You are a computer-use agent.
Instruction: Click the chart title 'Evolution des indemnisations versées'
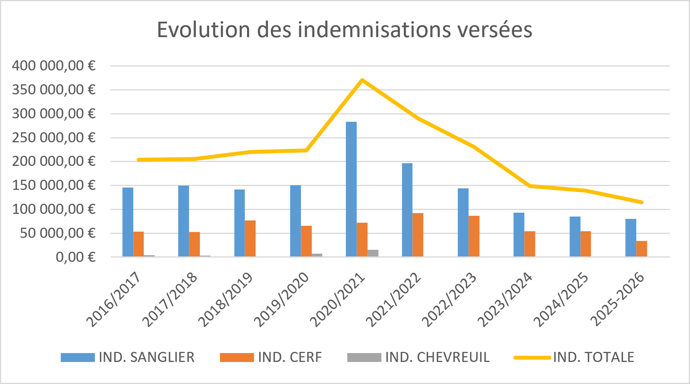344,30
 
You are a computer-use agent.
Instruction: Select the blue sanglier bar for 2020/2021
351,189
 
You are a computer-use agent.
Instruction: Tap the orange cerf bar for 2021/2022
418,235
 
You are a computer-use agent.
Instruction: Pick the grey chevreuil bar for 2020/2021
373,253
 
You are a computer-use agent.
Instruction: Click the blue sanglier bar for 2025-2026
631,238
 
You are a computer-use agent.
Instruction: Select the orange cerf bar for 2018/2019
250,239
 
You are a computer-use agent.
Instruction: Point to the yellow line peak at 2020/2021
362,80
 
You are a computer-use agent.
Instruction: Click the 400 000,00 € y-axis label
53,66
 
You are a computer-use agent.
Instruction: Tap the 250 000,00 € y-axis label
53,138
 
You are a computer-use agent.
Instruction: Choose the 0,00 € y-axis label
75,257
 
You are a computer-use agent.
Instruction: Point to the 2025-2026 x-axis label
617,300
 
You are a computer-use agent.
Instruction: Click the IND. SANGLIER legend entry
128,357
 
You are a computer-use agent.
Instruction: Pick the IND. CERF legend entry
271,357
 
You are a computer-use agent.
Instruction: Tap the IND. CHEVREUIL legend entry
419,357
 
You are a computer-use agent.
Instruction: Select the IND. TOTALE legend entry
574,357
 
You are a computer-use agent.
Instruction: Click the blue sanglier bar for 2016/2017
128,222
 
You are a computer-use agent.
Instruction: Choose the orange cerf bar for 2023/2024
530,244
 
